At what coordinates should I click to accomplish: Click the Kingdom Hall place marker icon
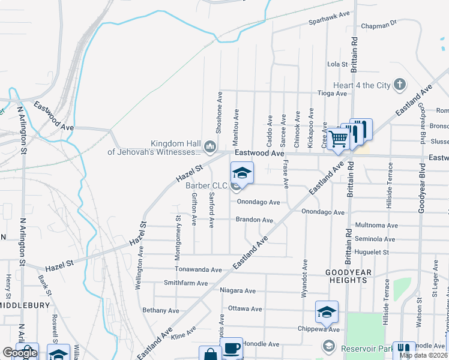[x=210, y=146]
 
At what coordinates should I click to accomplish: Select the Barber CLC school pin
[x=242, y=173]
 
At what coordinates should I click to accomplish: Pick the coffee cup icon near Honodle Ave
[x=231, y=349]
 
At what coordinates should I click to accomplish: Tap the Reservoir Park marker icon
[x=328, y=346]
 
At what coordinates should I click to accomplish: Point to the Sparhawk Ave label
[x=328, y=20]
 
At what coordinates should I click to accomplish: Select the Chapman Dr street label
[x=379, y=25]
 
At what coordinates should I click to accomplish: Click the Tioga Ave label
[x=333, y=94]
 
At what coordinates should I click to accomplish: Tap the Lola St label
[x=338, y=64]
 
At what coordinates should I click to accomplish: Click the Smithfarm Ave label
[x=185, y=283]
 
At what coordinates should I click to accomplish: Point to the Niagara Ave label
[x=238, y=291]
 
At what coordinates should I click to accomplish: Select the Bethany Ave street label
[x=161, y=311]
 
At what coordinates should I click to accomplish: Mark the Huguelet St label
[x=372, y=253]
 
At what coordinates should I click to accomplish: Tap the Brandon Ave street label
[x=255, y=220]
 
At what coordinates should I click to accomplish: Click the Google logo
[x=20, y=353]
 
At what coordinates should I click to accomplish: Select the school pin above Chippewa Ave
[x=327, y=311]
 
